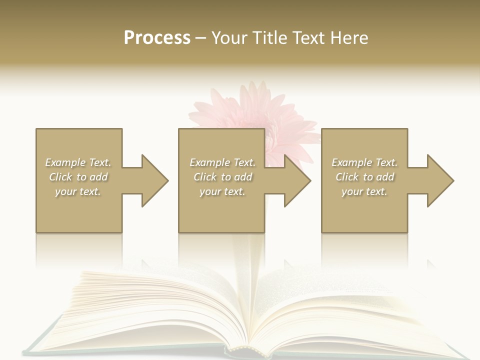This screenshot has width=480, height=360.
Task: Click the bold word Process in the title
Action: pos(157,37)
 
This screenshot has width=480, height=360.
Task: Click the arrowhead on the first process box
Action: pos(152,180)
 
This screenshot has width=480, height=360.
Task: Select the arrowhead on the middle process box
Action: pos(295,180)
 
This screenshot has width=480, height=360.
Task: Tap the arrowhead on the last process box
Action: pos(438,180)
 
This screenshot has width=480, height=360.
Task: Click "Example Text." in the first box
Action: pos(78,162)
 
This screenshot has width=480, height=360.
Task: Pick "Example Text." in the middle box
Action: pos(222,162)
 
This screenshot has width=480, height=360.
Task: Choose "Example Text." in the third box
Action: pos(364,162)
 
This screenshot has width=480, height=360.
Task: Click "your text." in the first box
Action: pos(78,191)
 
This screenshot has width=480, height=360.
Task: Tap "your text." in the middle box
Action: pos(222,191)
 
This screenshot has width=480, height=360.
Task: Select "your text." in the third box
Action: pos(364,191)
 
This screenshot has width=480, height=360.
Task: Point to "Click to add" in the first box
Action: pos(78,177)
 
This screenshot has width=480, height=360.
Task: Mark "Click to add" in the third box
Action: pos(364,177)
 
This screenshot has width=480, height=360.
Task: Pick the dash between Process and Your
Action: pos(201,38)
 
